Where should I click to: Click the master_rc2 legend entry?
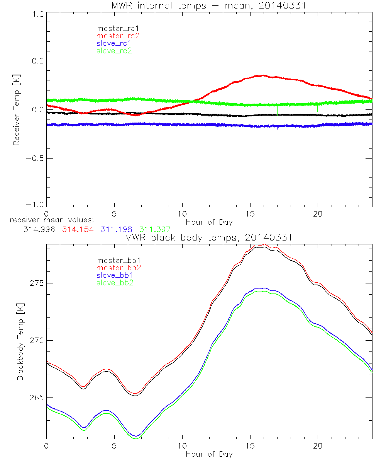pyautogui.click(x=117, y=36)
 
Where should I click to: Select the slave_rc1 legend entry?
pyautogui.click(x=114, y=43)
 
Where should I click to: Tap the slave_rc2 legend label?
pyautogui.click(x=114, y=50)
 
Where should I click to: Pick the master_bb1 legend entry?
pyautogui.click(x=117, y=261)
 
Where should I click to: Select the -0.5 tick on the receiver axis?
pyautogui.click(x=34, y=158)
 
